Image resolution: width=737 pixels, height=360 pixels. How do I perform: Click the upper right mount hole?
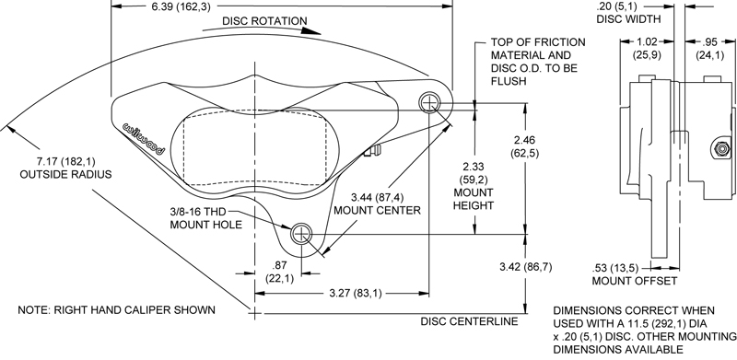[430, 100]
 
